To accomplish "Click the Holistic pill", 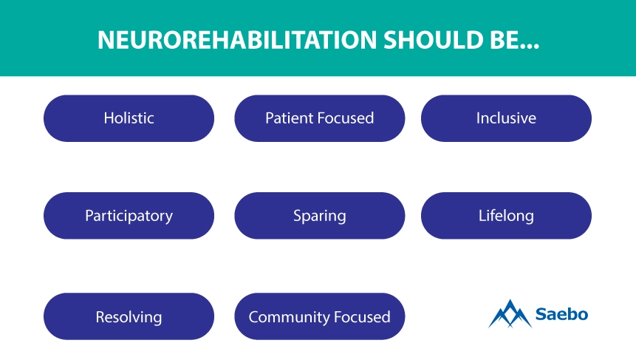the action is tap(129, 118).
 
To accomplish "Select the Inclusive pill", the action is tap(506, 118).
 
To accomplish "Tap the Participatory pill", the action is tap(129, 216).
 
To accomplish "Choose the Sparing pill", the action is tap(320, 216).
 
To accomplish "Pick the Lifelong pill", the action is tap(506, 216).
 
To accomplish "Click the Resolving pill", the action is tap(129, 316).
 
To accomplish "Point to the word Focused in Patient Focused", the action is tap(346, 118).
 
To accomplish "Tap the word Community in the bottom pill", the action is tap(289, 317).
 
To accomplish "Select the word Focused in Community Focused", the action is tap(362, 317).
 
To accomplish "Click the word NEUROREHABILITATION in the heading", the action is tap(237, 40).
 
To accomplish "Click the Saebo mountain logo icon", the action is tap(510, 313).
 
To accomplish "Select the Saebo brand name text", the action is tap(562, 313).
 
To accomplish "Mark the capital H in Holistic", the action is tap(109, 118).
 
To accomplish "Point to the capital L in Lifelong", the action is tap(482, 216).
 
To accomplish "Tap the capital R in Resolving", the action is tap(100, 317).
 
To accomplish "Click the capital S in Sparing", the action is tap(297, 216).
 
